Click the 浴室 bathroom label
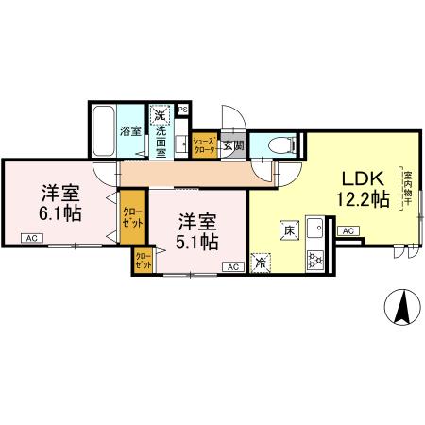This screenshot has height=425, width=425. [130, 131]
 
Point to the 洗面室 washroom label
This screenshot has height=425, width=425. [161, 139]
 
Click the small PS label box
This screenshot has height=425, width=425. [182, 109]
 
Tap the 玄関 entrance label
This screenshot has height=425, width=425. [233, 145]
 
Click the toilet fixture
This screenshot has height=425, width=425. [280, 145]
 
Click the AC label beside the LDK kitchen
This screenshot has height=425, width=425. [348, 230]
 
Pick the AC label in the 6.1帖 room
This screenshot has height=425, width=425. [31, 239]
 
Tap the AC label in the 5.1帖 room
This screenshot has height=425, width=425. [230, 268]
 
